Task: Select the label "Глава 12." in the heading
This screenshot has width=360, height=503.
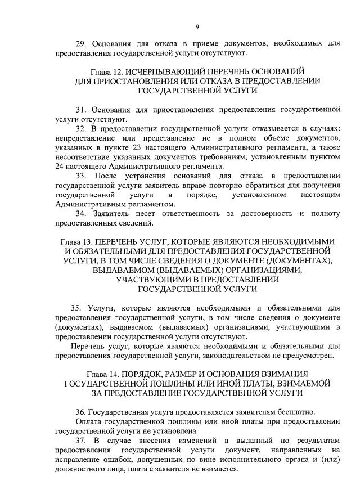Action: (x=106, y=71)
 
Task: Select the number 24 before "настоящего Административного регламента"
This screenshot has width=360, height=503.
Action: (x=60, y=166)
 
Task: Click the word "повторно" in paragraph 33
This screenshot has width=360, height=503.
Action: (x=221, y=185)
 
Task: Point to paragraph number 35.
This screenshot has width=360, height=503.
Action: (x=76, y=308)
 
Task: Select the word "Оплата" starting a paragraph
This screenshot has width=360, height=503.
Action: (x=88, y=421)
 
